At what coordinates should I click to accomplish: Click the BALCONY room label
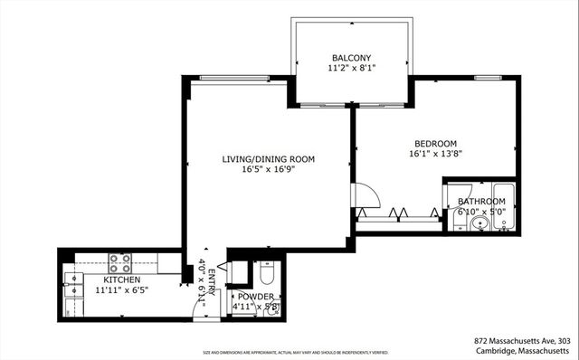(x=351, y=56)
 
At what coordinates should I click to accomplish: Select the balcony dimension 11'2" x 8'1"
(x=351, y=68)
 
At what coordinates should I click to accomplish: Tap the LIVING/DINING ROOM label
(x=269, y=159)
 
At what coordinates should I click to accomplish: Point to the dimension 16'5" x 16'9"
(x=269, y=170)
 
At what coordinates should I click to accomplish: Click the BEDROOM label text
(x=435, y=144)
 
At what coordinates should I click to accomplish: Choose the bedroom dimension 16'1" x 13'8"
(x=435, y=155)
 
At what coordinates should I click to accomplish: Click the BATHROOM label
(x=480, y=201)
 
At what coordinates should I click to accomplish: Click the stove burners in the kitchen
(x=121, y=262)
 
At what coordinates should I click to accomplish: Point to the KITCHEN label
(x=120, y=280)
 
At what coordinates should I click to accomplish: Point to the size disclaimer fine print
(x=289, y=353)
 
